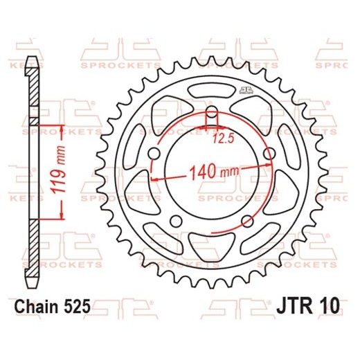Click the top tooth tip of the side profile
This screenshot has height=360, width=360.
pos(31,57)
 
